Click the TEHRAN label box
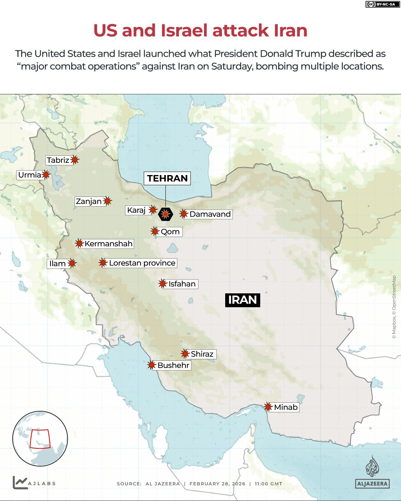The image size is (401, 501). point(167,178)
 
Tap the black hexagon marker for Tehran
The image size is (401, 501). point(165,214)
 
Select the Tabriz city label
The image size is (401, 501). point(58,160)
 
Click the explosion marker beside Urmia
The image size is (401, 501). point(46,174)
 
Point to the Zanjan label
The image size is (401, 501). point(89,201)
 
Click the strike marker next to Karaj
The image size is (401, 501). point(152,210)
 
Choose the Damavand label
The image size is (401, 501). point(210,214)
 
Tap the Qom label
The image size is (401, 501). point(170,232)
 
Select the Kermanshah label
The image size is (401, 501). point(108,244)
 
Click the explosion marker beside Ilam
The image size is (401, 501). point(72,263)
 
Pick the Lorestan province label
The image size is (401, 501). point(142,263)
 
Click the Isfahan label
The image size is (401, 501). point(182,284)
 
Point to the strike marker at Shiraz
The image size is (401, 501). point(185,353)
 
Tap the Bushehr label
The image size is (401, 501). point(173,365)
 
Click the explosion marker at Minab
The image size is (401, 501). point(268,407)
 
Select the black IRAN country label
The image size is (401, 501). point(243,300)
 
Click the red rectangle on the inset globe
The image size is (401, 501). point(40,439)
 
